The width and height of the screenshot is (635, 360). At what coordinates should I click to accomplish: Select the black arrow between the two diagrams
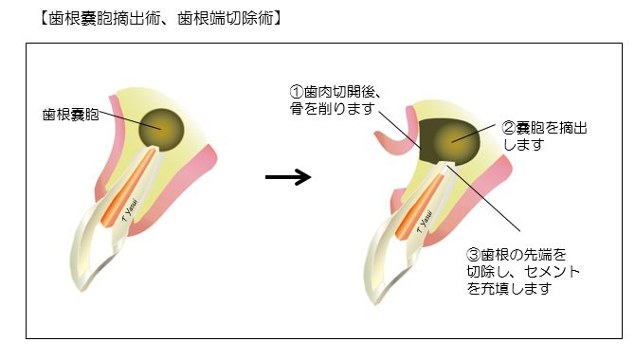click(288, 177)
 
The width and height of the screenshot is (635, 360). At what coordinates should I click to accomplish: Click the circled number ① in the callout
click(295, 93)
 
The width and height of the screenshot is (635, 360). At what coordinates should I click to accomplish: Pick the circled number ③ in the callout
click(474, 254)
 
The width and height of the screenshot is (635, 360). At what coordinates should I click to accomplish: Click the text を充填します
click(508, 288)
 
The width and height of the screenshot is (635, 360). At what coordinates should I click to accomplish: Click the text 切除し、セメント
click(523, 271)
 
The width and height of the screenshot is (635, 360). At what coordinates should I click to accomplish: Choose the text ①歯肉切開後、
click(336, 93)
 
